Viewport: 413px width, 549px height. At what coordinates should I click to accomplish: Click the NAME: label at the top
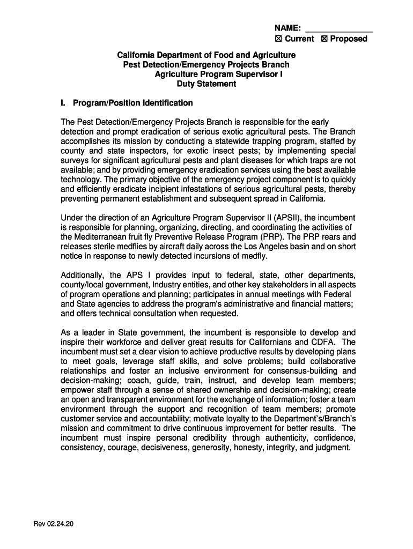coord(287,28)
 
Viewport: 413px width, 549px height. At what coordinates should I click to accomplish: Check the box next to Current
coord(278,39)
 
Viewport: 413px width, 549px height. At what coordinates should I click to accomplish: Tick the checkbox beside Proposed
coord(324,39)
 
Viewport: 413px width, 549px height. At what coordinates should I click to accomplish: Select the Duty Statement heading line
coord(206,84)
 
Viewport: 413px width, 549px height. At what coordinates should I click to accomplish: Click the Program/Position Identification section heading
coord(132,103)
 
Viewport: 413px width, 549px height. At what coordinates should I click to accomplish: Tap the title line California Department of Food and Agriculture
coord(206,55)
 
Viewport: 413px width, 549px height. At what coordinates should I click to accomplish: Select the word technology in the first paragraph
coord(82,180)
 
